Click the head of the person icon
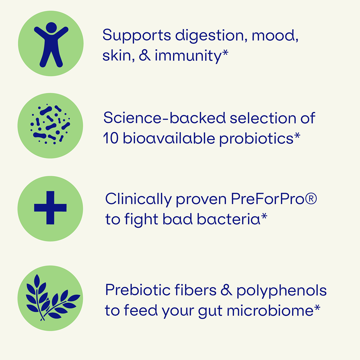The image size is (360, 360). pyautogui.click(x=51, y=27)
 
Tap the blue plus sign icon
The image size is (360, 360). pyautogui.click(x=50, y=208)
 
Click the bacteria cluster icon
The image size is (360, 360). pyautogui.click(x=50, y=124)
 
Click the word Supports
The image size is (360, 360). pyautogui.click(x=137, y=36)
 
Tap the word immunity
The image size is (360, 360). pyautogui.click(x=188, y=56)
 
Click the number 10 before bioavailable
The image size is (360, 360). pyautogui.click(x=111, y=138)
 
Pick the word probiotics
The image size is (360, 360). pyautogui.click(x=256, y=139)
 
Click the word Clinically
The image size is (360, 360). pyautogui.click(x=138, y=199)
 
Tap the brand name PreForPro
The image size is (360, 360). pyautogui.click(x=268, y=199)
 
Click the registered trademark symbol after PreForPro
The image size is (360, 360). pyautogui.click(x=311, y=198)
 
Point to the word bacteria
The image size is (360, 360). pyautogui.click(x=229, y=219)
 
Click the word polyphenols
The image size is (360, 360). pyautogui.click(x=281, y=291)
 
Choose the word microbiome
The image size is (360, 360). pyautogui.click(x=270, y=311)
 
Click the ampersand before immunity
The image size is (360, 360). pyautogui.click(x=145, y=56)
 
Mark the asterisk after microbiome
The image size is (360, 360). pyautogui.click(x=317, y=307)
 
